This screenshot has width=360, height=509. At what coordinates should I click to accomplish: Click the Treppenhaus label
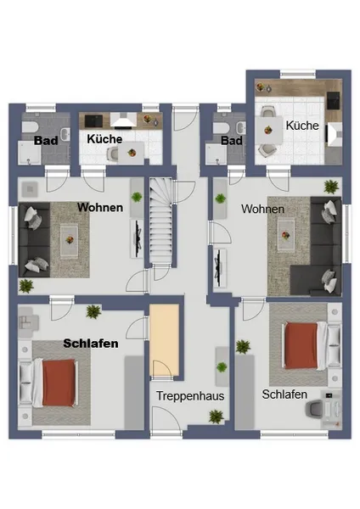(x=190, y=396)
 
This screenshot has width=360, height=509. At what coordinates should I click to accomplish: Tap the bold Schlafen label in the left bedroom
(x=91, y=343)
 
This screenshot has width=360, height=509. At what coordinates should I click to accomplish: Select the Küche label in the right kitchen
(x=302, y=126)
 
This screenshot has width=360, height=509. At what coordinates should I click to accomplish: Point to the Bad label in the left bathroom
(x=46, y=141)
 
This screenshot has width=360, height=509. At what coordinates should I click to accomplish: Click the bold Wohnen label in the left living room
(x=100, y=207)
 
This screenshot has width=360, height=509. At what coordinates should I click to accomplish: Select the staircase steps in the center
(x=160, y=221)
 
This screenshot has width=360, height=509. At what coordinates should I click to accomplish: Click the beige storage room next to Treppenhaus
(x=164, y=340)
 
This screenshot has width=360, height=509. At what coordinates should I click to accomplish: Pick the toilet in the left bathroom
(x=30, y=126)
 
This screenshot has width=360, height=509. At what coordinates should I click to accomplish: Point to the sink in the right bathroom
(x=241, y=127)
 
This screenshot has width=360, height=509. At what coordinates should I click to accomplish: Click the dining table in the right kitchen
(x=268, y=130)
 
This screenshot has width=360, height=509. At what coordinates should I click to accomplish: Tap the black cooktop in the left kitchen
(x=93, y=120)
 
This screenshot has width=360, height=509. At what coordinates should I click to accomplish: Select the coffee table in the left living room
(x=70, y=241)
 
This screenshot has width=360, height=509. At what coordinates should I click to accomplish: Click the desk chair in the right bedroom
(x=314, y=408)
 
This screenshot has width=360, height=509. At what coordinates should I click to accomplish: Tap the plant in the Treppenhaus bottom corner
(x=216, y=417)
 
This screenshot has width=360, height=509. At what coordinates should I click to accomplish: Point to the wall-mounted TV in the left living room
(x=138, y=238)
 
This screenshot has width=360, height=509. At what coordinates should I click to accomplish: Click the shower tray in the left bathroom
(x=30, y=153)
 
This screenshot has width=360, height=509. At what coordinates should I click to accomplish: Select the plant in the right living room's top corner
(x=331, y=187)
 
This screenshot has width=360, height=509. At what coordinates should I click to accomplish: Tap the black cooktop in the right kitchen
(x=333, y=100)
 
